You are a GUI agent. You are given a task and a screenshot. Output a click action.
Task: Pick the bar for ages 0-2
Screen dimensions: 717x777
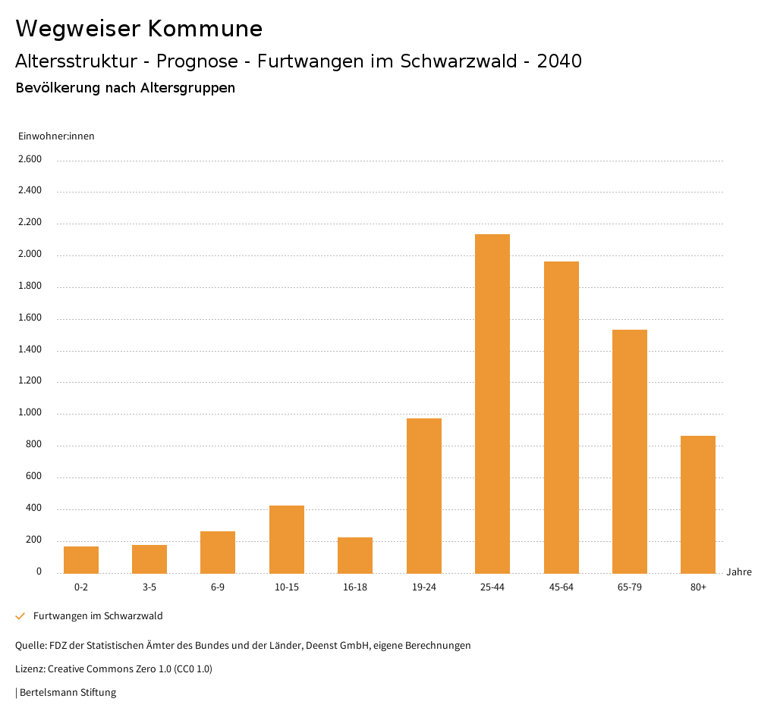point(81,559)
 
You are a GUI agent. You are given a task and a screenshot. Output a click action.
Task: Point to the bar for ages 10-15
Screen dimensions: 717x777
point(287,539)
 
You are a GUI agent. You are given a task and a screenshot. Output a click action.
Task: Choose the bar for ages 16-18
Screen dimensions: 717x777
point(355,555)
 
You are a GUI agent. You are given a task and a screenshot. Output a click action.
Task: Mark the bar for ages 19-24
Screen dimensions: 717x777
point(424,496)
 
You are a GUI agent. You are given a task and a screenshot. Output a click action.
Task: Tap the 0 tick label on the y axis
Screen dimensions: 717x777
point(39,571)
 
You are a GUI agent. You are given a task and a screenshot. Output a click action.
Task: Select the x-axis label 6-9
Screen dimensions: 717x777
point(218,587)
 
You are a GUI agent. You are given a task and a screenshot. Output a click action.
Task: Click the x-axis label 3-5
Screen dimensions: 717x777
point(149,587)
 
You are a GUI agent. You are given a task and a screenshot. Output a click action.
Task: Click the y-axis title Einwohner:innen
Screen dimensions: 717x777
point(56,136)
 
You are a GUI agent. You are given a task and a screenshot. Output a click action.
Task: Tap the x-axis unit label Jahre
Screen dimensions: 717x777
point(739,572)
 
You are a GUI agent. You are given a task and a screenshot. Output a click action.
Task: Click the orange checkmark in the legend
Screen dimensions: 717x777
point(20,616)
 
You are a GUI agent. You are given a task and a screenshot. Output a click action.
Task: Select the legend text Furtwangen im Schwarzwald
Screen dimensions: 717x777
point(98,616)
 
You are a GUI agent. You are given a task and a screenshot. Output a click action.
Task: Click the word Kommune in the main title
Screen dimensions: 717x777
point(205,29)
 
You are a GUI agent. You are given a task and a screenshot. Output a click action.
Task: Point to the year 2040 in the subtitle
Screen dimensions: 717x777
point(559,61)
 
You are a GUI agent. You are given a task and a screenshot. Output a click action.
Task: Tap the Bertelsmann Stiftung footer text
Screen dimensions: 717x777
point(68,693)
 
